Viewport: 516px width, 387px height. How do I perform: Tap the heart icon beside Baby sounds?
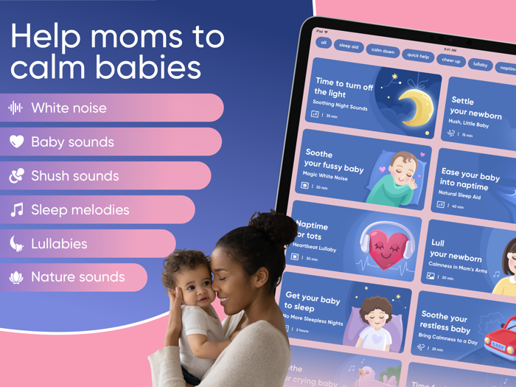[x=16, y=142]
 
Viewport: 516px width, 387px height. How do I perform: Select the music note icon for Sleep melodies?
[x=16, y=210]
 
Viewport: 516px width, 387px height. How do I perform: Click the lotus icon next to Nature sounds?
[x=16, y=277]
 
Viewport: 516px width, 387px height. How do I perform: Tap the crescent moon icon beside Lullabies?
[x=16, y=243]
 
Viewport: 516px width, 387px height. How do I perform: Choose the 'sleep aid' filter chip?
[x=348, y=46]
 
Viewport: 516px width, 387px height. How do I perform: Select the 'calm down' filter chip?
[x=383, y=51]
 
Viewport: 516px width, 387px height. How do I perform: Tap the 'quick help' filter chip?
[x=418, y=55]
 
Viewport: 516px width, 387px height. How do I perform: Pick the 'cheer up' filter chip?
[x=450, y=60]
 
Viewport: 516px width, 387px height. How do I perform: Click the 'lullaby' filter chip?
[x=481, y=65]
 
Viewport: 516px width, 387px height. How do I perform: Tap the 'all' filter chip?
[x=323, y=43]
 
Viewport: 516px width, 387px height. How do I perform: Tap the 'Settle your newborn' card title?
[x=475, y=108]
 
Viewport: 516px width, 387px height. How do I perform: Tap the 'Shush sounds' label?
[x=74, y=176]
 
